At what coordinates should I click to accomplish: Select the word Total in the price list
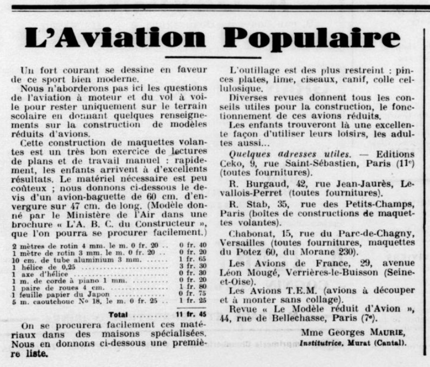click(x=118, y=314)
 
